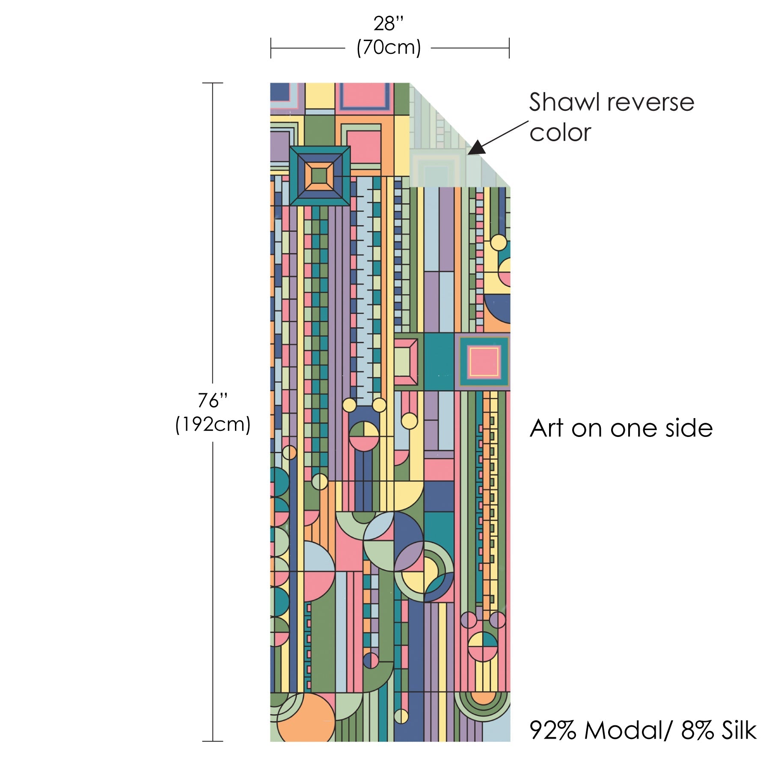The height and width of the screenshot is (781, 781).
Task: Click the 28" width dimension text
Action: [388, 24]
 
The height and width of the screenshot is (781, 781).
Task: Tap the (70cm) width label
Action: [389, 48]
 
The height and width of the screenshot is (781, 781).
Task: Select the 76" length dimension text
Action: [212, 401]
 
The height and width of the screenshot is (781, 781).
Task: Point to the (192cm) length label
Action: [213, 425]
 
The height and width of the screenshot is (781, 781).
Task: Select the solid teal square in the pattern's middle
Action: [439, 362]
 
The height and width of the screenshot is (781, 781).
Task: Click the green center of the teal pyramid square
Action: [319, 175]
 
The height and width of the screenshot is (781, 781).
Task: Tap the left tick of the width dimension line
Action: [271, 48]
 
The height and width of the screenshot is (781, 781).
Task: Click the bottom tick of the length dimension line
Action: [213, 741]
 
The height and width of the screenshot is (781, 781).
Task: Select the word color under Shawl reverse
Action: [560, 133]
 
